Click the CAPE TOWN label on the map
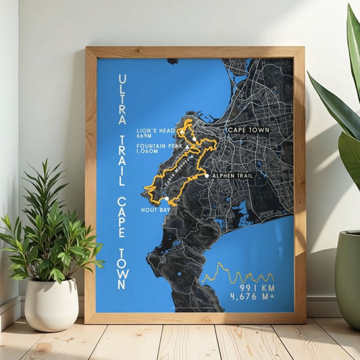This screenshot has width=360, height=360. pyautogui.click(x=248, y=130)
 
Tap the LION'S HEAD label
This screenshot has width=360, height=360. pyautogui.click(x=155, y=130)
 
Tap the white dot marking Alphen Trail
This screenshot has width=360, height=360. pyautogui.click(x=206, y=176)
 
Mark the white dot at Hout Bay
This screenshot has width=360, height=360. pyautogui.click(x=166, y=199)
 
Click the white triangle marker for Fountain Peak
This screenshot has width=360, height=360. pyautogui.click(x=188, y=144)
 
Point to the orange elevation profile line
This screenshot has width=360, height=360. pyautogui.click(x=236, y=274)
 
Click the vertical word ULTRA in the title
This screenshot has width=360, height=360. pyautogui.click(x=122, y=99)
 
